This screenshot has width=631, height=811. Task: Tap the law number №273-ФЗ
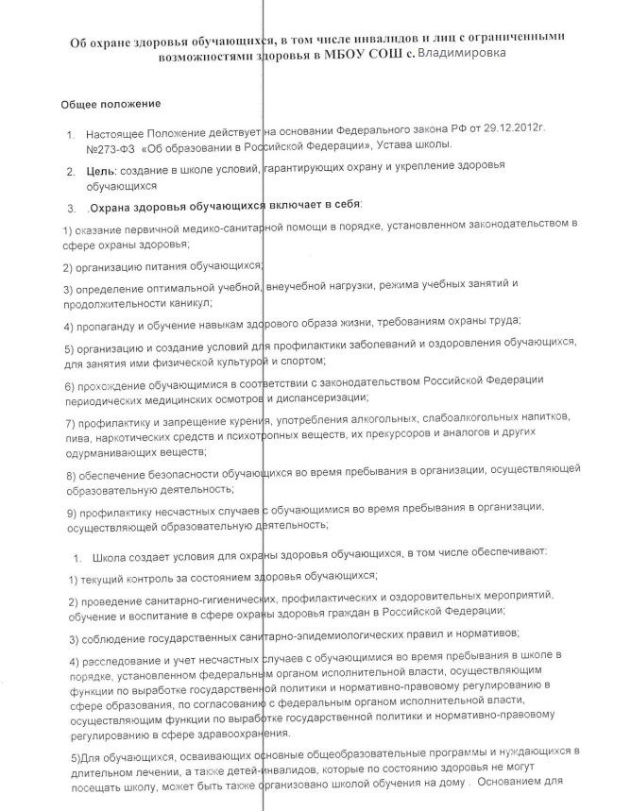112,144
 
